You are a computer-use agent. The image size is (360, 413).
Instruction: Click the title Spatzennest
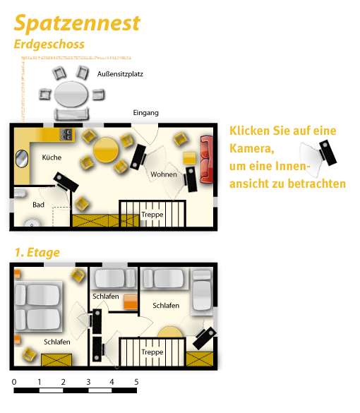click(x=77, y=23)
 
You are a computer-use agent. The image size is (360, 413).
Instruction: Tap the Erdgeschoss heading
click(x=49, y=44)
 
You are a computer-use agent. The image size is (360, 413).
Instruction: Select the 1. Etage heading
click(x=37, y=252)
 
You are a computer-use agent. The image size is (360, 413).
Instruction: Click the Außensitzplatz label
click(x=120, y=74)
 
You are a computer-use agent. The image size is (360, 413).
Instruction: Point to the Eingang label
click(x=145, y=113)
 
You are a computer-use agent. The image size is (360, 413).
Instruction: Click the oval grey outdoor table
click(x=71, y=94)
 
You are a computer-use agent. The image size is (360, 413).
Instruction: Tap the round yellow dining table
click(x=106, y=150)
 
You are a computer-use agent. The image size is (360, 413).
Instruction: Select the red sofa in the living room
click(x=206, y=159)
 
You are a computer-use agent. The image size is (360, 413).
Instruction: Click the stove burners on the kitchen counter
click(x=66, y=134)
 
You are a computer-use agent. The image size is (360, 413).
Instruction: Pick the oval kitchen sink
click(x=22, y=158)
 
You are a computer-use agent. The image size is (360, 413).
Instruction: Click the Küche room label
click(x=52, y=157)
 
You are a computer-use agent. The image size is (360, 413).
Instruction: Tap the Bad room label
click(x=38, y=205)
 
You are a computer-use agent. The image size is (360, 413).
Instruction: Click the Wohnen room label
click(x=164, y=174)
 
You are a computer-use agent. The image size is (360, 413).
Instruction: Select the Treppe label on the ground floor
click(x=152, y=215)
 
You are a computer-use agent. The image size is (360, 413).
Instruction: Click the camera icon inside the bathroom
click(x=66, y=182)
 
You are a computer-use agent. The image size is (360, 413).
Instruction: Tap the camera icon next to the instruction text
click(x=328, y=152)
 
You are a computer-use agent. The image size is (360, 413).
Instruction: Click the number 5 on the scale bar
click(x=136, y=382)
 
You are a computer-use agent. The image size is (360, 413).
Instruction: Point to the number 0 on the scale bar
click(x=14, y=382)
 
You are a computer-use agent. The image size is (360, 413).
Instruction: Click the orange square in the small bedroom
click(x=131, y=302)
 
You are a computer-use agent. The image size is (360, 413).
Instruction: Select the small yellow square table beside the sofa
click(x=190, y=158)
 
